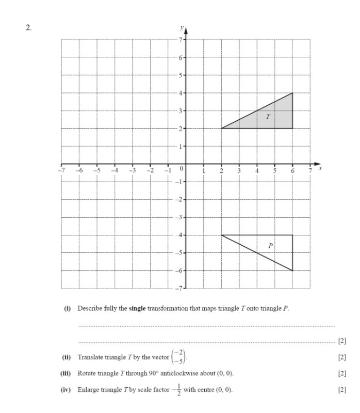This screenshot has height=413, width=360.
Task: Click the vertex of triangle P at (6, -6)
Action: pos(293,271)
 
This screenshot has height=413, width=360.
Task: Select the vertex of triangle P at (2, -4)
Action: pos(222,235)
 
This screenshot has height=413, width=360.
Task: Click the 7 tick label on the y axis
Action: pos(180,40)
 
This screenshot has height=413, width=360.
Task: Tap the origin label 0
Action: pos(181,169)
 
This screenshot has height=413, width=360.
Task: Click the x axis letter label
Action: pos(320,168)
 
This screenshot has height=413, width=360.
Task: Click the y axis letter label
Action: pos(181,27)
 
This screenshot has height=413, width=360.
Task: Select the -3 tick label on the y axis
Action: pos(179,217)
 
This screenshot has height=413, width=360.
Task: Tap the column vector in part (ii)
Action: pos(162,357)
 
